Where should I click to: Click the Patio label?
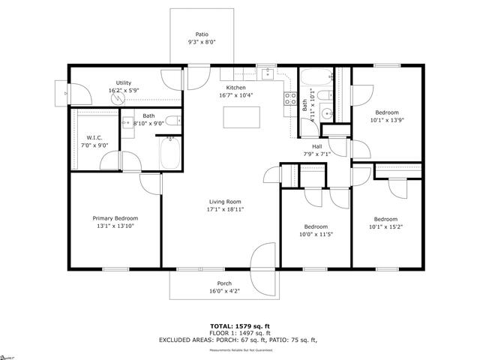point(202,34)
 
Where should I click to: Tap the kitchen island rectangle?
point(242,116)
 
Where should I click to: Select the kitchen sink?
point(266,73)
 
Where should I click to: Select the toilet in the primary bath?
point(171,121)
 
